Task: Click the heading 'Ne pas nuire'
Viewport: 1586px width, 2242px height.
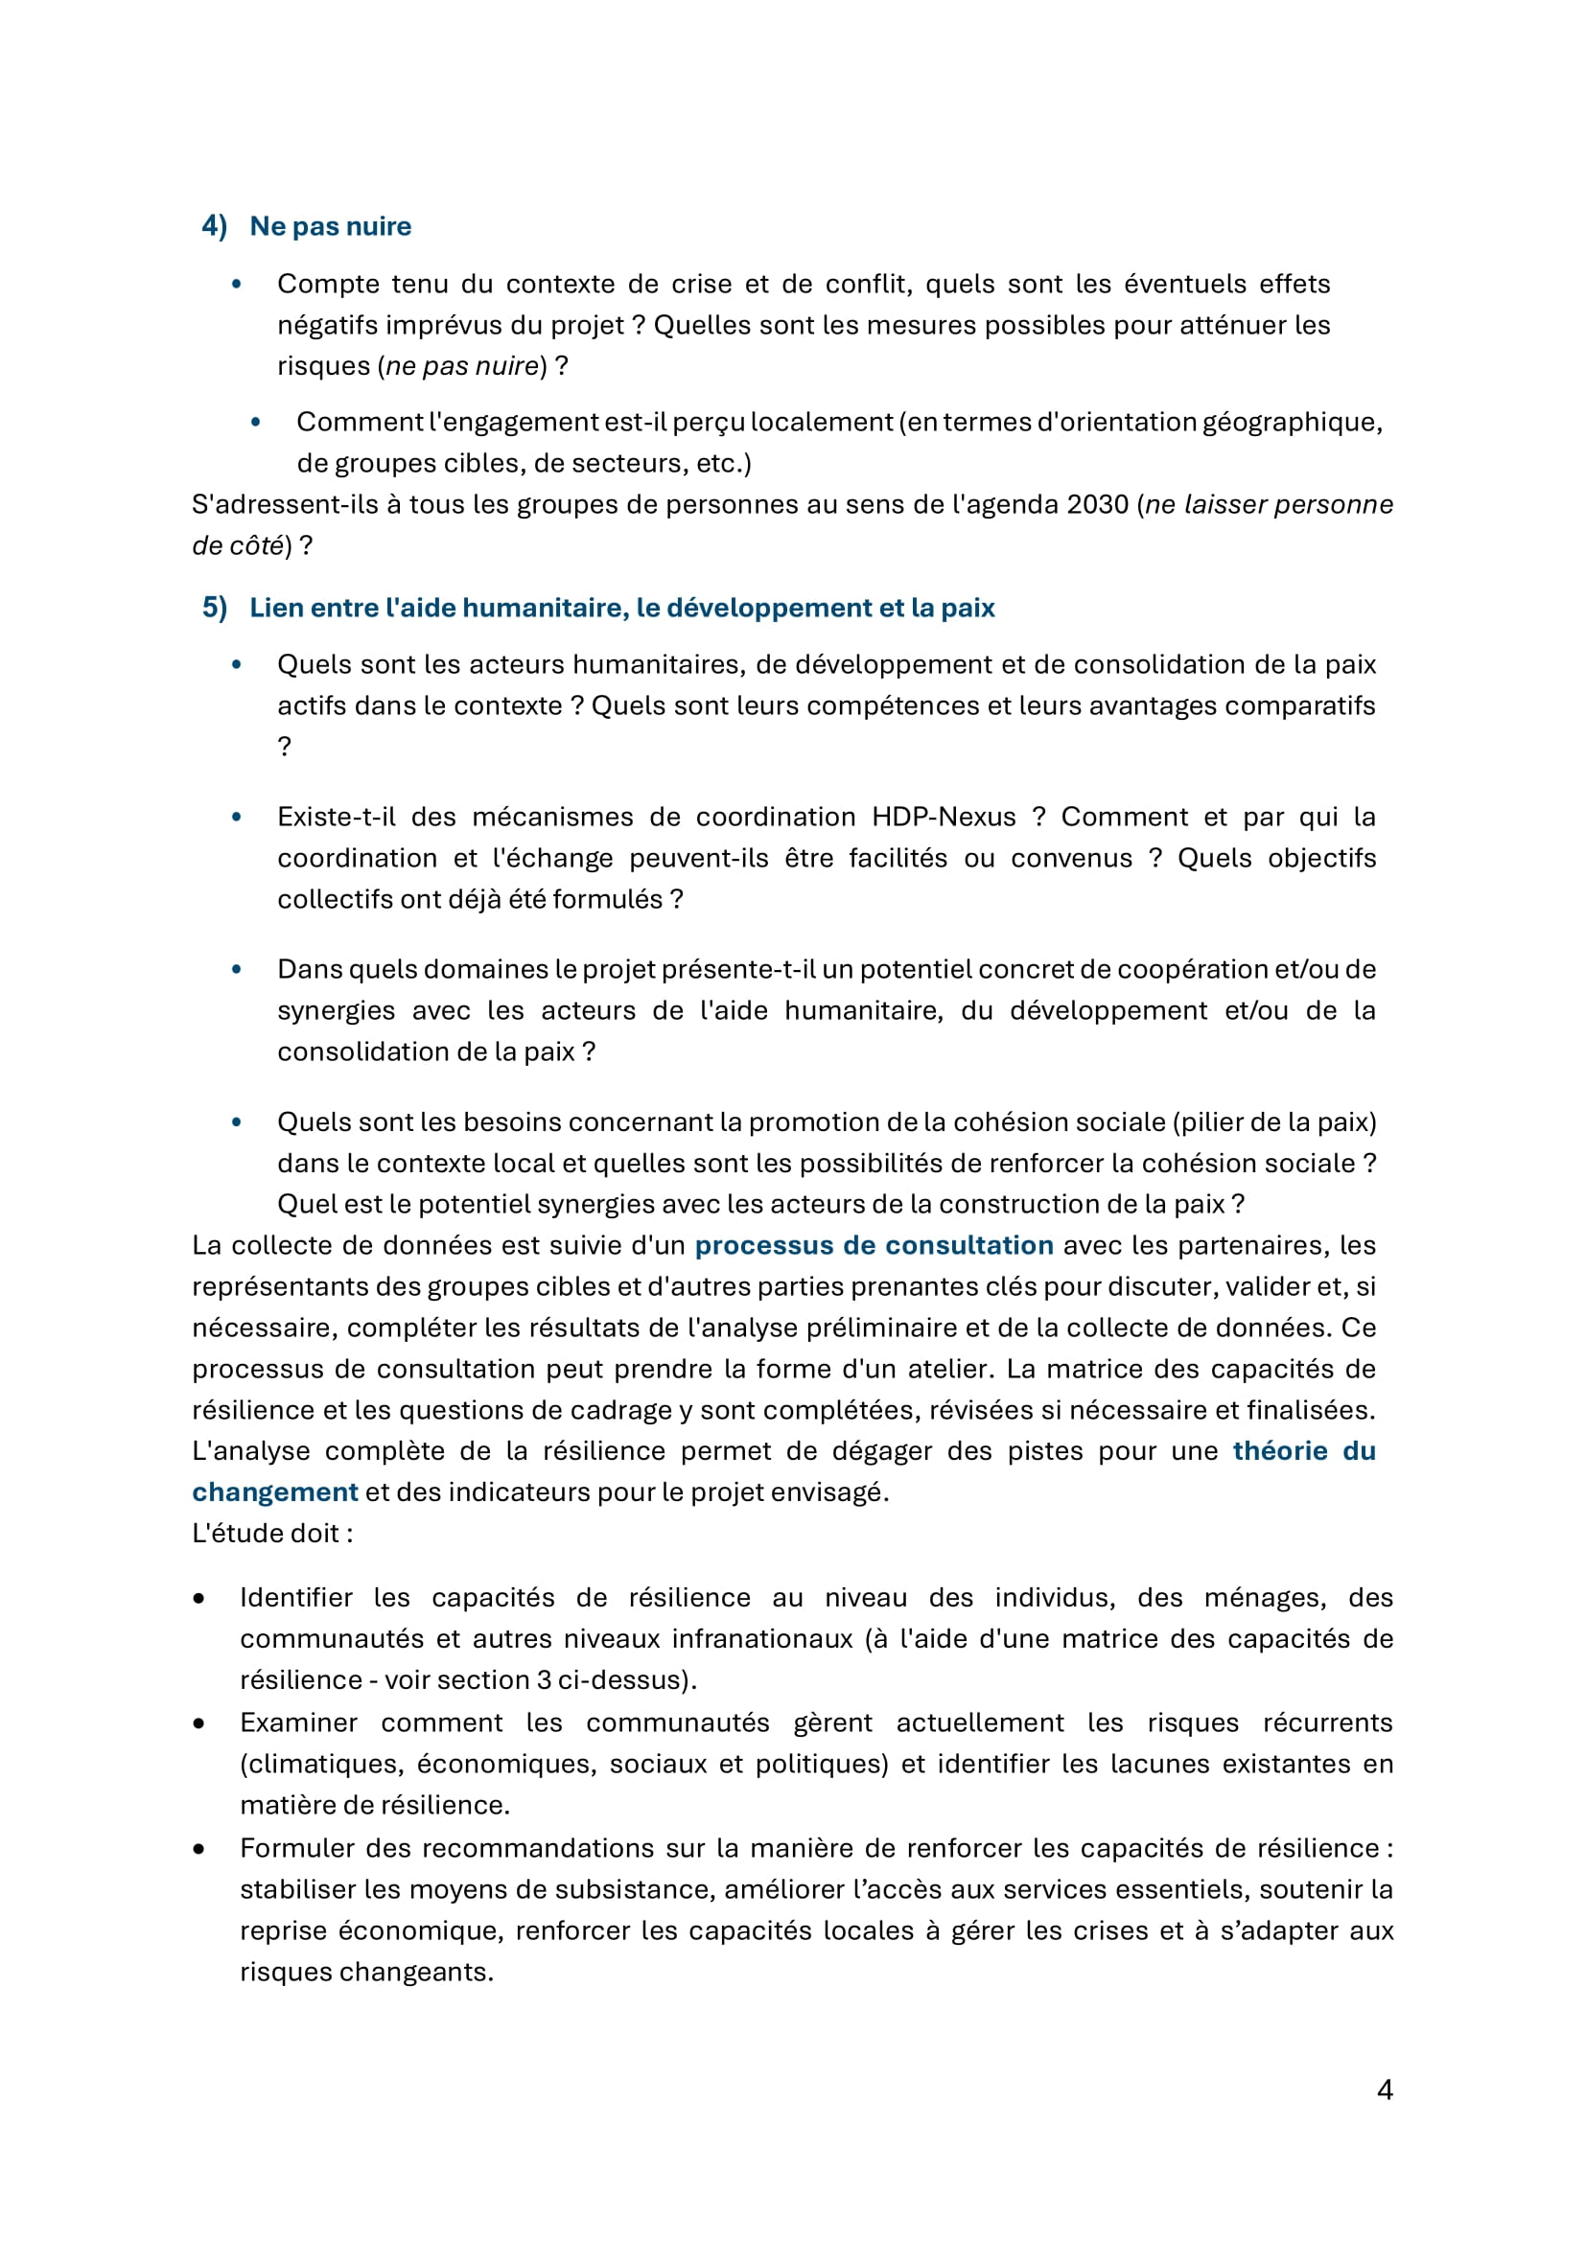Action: click(330, 225)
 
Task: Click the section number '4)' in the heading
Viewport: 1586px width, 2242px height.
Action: click(214, 225)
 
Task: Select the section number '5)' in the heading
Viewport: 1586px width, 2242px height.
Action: click(214, 608)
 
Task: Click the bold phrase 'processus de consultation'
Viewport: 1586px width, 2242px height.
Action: click(874, 1245)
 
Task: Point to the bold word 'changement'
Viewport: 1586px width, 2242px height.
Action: click(274, 1492)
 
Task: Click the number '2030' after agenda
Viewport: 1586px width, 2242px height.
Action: click(1098, 505)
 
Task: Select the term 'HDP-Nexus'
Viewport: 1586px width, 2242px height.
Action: click(943, 817)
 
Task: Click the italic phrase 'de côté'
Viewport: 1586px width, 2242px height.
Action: click(237, 545)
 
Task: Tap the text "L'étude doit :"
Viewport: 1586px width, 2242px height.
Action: click(272, 1533)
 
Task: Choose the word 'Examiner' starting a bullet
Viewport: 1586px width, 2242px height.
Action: click(299, 1722)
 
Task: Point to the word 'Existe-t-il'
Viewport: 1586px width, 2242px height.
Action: click(336, 817)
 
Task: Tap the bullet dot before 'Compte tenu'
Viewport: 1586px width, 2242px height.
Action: click(236, 284)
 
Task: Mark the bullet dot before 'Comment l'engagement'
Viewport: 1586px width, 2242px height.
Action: click(256, 423)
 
